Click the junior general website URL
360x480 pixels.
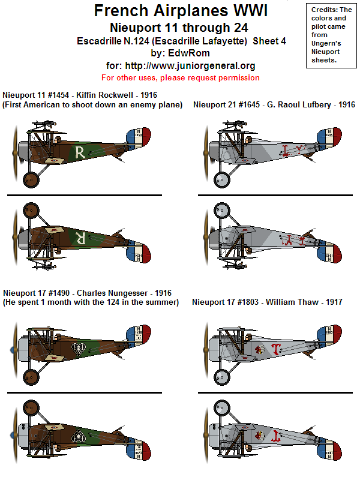181,65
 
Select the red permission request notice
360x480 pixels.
181,77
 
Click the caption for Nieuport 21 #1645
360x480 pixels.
274,104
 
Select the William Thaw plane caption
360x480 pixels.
267,302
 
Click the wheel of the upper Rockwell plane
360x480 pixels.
31,179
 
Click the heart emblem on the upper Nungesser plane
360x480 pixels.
78,348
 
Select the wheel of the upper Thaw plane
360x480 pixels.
221,376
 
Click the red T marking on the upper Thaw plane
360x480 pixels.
275,349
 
